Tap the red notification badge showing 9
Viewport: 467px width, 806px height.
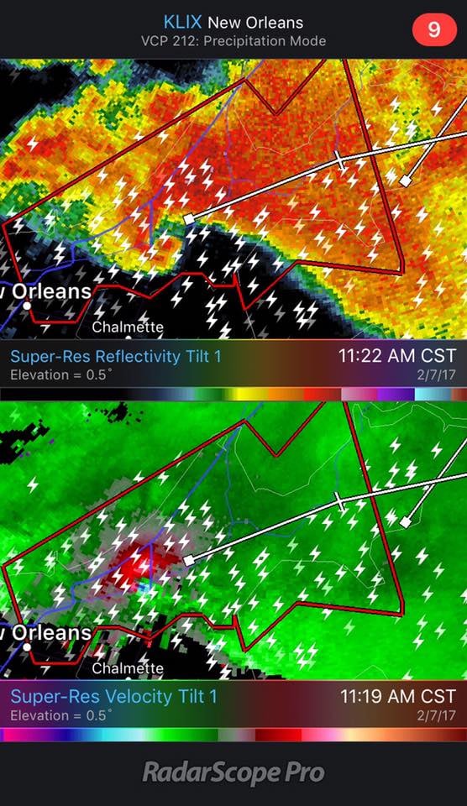click(x=433, y=29)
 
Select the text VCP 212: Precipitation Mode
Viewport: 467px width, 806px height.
click(x=233, y=40)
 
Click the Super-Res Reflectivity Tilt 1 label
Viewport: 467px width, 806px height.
click(x=116, y=357)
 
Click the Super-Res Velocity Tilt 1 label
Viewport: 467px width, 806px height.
click(x=113, y=696)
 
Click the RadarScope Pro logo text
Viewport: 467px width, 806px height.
click(x=233, y=772)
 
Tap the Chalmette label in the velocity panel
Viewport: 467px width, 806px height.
click(x=128, y=668)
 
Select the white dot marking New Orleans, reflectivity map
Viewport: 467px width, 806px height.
click(x=27, y=306)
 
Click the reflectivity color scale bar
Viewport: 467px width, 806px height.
click(x=233, y=393)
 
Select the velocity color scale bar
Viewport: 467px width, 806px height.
click(x=233, y=735)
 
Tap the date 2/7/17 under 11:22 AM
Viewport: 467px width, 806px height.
click(x=439, y=374)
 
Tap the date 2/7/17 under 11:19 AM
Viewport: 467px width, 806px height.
click(x=439, y=715)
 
